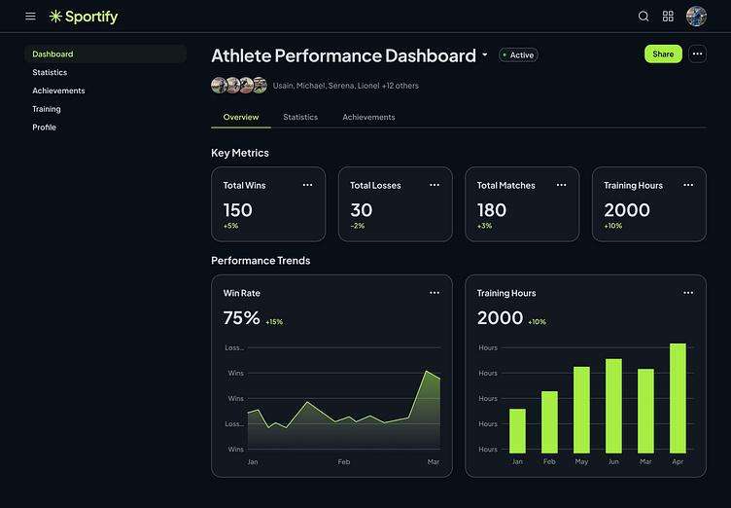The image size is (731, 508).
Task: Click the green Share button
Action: pos(663,54)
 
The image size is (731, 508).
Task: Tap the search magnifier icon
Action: pos(644,17)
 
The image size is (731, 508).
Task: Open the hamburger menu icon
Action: pos(30,17)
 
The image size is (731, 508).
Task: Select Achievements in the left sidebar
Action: pos(58,91)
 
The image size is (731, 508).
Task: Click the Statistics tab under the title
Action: pos(300,118)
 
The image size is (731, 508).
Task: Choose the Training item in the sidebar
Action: pos(47,109)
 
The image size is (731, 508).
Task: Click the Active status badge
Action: pos(518,55)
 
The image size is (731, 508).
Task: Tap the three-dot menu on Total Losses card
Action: pos(435,185)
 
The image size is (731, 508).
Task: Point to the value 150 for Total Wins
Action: pos(237,209)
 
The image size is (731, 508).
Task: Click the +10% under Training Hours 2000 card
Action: pos(612,226)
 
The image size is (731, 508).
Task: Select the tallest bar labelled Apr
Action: pos(678,398)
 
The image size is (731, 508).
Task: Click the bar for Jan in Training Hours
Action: pos(517,430)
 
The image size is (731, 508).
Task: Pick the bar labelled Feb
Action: pos(549,421)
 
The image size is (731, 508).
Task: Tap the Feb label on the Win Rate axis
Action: pos(344,461)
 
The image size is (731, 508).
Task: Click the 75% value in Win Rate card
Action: pos(242,318)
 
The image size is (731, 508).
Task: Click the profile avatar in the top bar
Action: pos(696,17)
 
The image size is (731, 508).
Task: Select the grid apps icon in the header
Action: pos(668,17)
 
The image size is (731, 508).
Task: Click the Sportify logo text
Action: pos(91,17)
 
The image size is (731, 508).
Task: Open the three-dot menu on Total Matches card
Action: pos(561,185)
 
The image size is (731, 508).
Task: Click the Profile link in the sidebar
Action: pos(44,127)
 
